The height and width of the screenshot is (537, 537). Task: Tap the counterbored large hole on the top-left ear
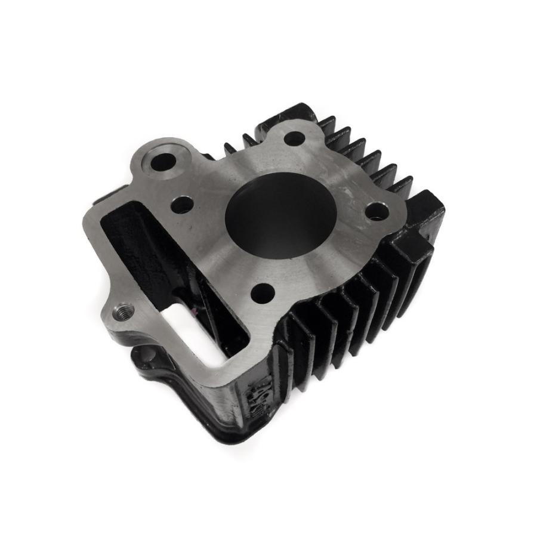pos(161,162)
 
